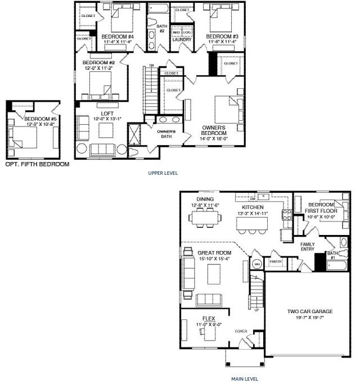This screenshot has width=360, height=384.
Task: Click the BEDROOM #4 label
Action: (x=117, y=36)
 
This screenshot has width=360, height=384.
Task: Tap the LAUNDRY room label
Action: (x=182, y=40)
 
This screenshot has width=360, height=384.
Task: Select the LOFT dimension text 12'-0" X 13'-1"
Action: (x=107, y=111)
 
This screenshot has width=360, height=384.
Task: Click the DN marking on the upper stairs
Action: (x=151, y=65)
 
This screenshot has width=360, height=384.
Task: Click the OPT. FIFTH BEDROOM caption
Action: (x=37, y=165)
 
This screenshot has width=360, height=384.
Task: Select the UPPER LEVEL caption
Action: (x=163, y=173)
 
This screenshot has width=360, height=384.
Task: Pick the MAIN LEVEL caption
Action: (x=245, y=380)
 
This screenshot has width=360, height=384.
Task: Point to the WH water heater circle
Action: (x=258, y=263)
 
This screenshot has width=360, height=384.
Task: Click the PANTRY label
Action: (x=276, y=261)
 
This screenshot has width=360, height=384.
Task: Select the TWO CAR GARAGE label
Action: (x=310, y=311)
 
